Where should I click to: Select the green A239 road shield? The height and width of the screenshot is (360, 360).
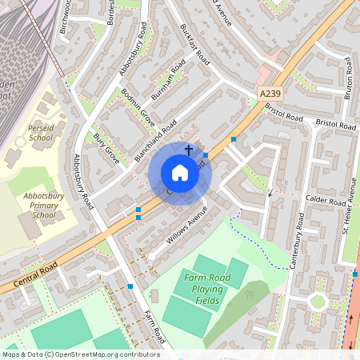point(271,94)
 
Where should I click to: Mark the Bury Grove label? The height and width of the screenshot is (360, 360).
point(106,150)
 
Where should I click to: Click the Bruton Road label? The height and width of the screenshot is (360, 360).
point(349,77)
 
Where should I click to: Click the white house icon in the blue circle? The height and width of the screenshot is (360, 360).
point(180,173)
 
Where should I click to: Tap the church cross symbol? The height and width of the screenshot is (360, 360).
point(190,150)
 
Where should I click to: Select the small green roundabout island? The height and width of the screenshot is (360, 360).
point(317,302)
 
